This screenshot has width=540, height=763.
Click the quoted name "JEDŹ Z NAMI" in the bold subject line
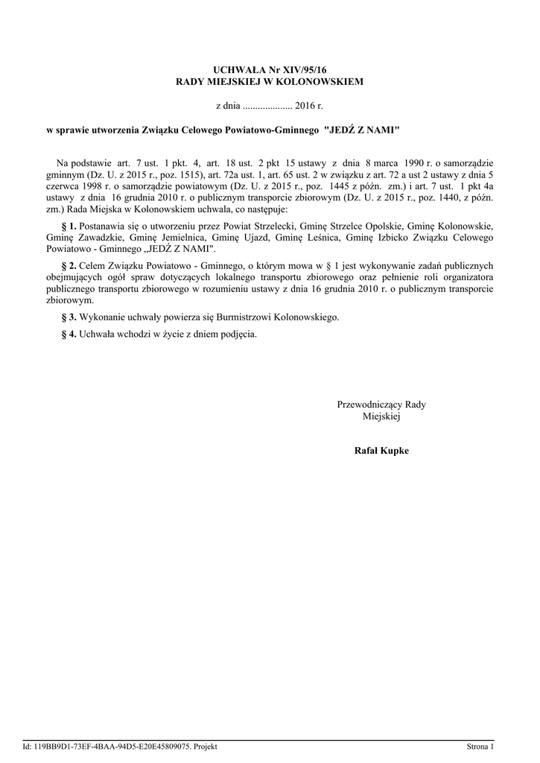[x=362, y=130]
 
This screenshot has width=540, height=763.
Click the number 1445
[x=328, y=187]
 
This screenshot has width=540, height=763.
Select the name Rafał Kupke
[x=381, y=451]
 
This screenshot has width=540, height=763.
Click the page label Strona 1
[x=480, y=746]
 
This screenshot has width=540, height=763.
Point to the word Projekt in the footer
[x=205, y=746]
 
